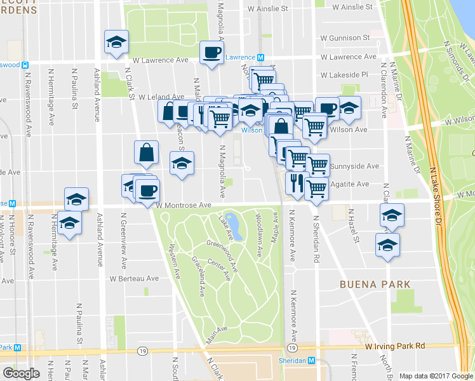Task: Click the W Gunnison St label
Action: (x=345, y=37)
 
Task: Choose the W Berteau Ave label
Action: (x=133, y=278)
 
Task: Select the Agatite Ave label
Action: (x=349, y=184)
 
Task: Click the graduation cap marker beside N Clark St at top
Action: (x=116, y=42)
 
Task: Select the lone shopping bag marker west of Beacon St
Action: (x=146, y=152)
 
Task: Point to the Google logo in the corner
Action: (x=21, y=373)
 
